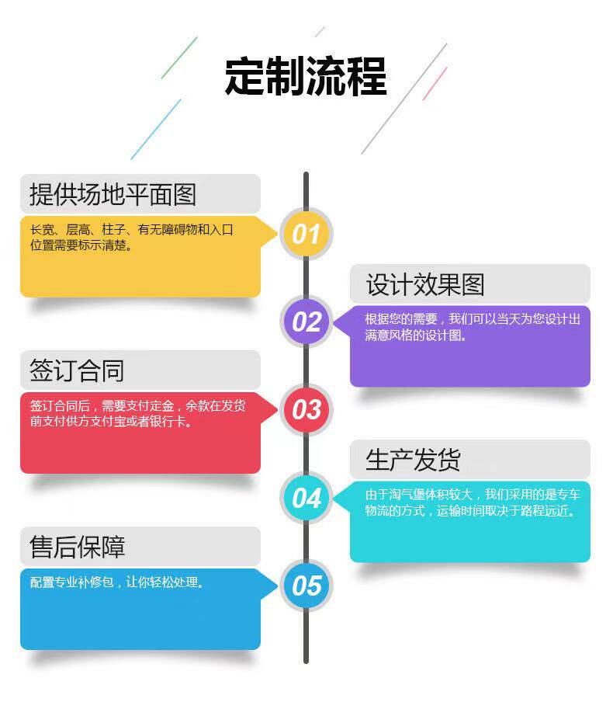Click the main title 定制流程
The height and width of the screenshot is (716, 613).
pyautogui.click(x=306, y=76)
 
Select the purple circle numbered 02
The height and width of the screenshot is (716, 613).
pyautogui.click(x=306, y=322)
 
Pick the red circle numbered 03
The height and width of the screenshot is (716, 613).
pyautogui.click(x=306, y=409)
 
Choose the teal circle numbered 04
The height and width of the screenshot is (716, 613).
pyautogui.click(x=306, y=497)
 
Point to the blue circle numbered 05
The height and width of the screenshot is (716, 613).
pyautogui.click(x=306, y=585)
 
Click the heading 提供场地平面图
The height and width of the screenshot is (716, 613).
pyautogui.click(x=113, y=194)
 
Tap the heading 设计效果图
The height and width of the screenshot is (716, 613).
pyautogui.click(x=425, y=284)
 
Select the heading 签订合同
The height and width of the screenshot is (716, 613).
pyautogui.click(x=77, y=370)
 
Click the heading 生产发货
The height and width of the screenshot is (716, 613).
pyautogui.click(x=414, y=460)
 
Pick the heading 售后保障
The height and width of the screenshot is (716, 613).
pyautogui.click(x=77, y=547)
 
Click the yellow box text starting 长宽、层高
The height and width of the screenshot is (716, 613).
pyautogui.click(x=131, y=238)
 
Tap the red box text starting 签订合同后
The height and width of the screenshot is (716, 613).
pyautogui.click(x=138, y=414)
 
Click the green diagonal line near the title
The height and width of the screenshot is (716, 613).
pyautogui.click(x=179, y=57)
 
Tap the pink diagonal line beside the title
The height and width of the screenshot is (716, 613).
pyautogui.click(x=435, y=83)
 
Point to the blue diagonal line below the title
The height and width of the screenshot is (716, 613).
pyautogui.click(x=156, y=129)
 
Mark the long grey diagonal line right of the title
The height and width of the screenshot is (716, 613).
pyautogui.click(x=404, y=98)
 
